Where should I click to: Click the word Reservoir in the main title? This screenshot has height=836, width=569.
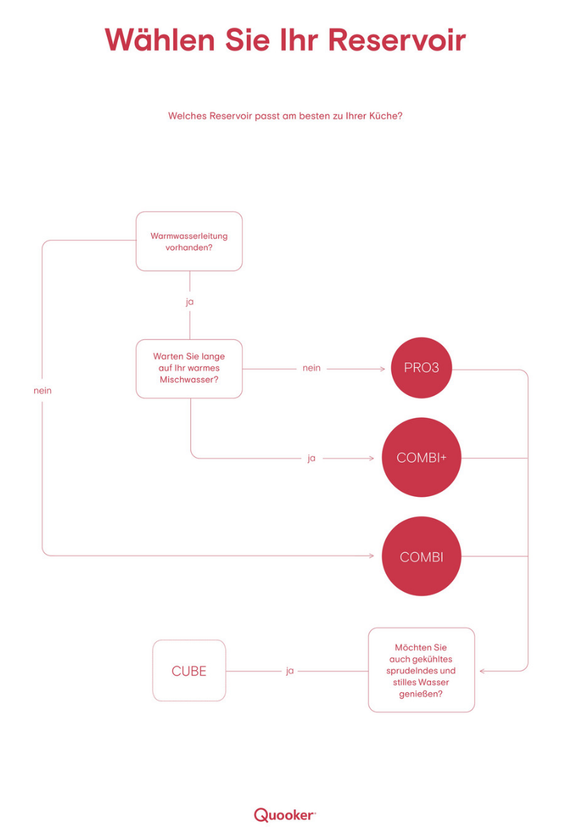[397, 40]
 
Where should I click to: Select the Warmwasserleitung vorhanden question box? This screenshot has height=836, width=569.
[189, 241]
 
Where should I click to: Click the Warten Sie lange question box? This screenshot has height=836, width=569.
[189, 368]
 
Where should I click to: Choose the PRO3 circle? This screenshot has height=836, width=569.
[421, 368]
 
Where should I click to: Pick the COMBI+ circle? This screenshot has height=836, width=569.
[421, 458]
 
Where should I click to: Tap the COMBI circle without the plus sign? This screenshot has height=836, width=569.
[421, 557]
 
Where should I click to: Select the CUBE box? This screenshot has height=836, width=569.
[189, 671]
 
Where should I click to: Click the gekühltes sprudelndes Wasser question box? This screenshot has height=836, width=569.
[421, 670]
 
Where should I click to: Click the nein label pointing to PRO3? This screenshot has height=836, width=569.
[312, 368]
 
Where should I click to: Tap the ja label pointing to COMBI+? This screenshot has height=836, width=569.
[312, 458]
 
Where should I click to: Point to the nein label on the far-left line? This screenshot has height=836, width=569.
[43, 391]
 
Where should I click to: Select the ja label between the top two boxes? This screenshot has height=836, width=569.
[189, 303]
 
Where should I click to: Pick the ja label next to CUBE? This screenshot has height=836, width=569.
[289, 671]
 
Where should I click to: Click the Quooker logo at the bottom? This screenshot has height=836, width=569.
[284, 814]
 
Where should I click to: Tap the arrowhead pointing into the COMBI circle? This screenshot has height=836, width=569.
[372, 556]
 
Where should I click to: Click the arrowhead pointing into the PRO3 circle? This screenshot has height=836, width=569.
[382, 368]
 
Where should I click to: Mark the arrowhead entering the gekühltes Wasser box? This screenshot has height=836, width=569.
[483, 671]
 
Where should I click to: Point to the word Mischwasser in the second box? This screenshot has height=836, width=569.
[189, 380]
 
